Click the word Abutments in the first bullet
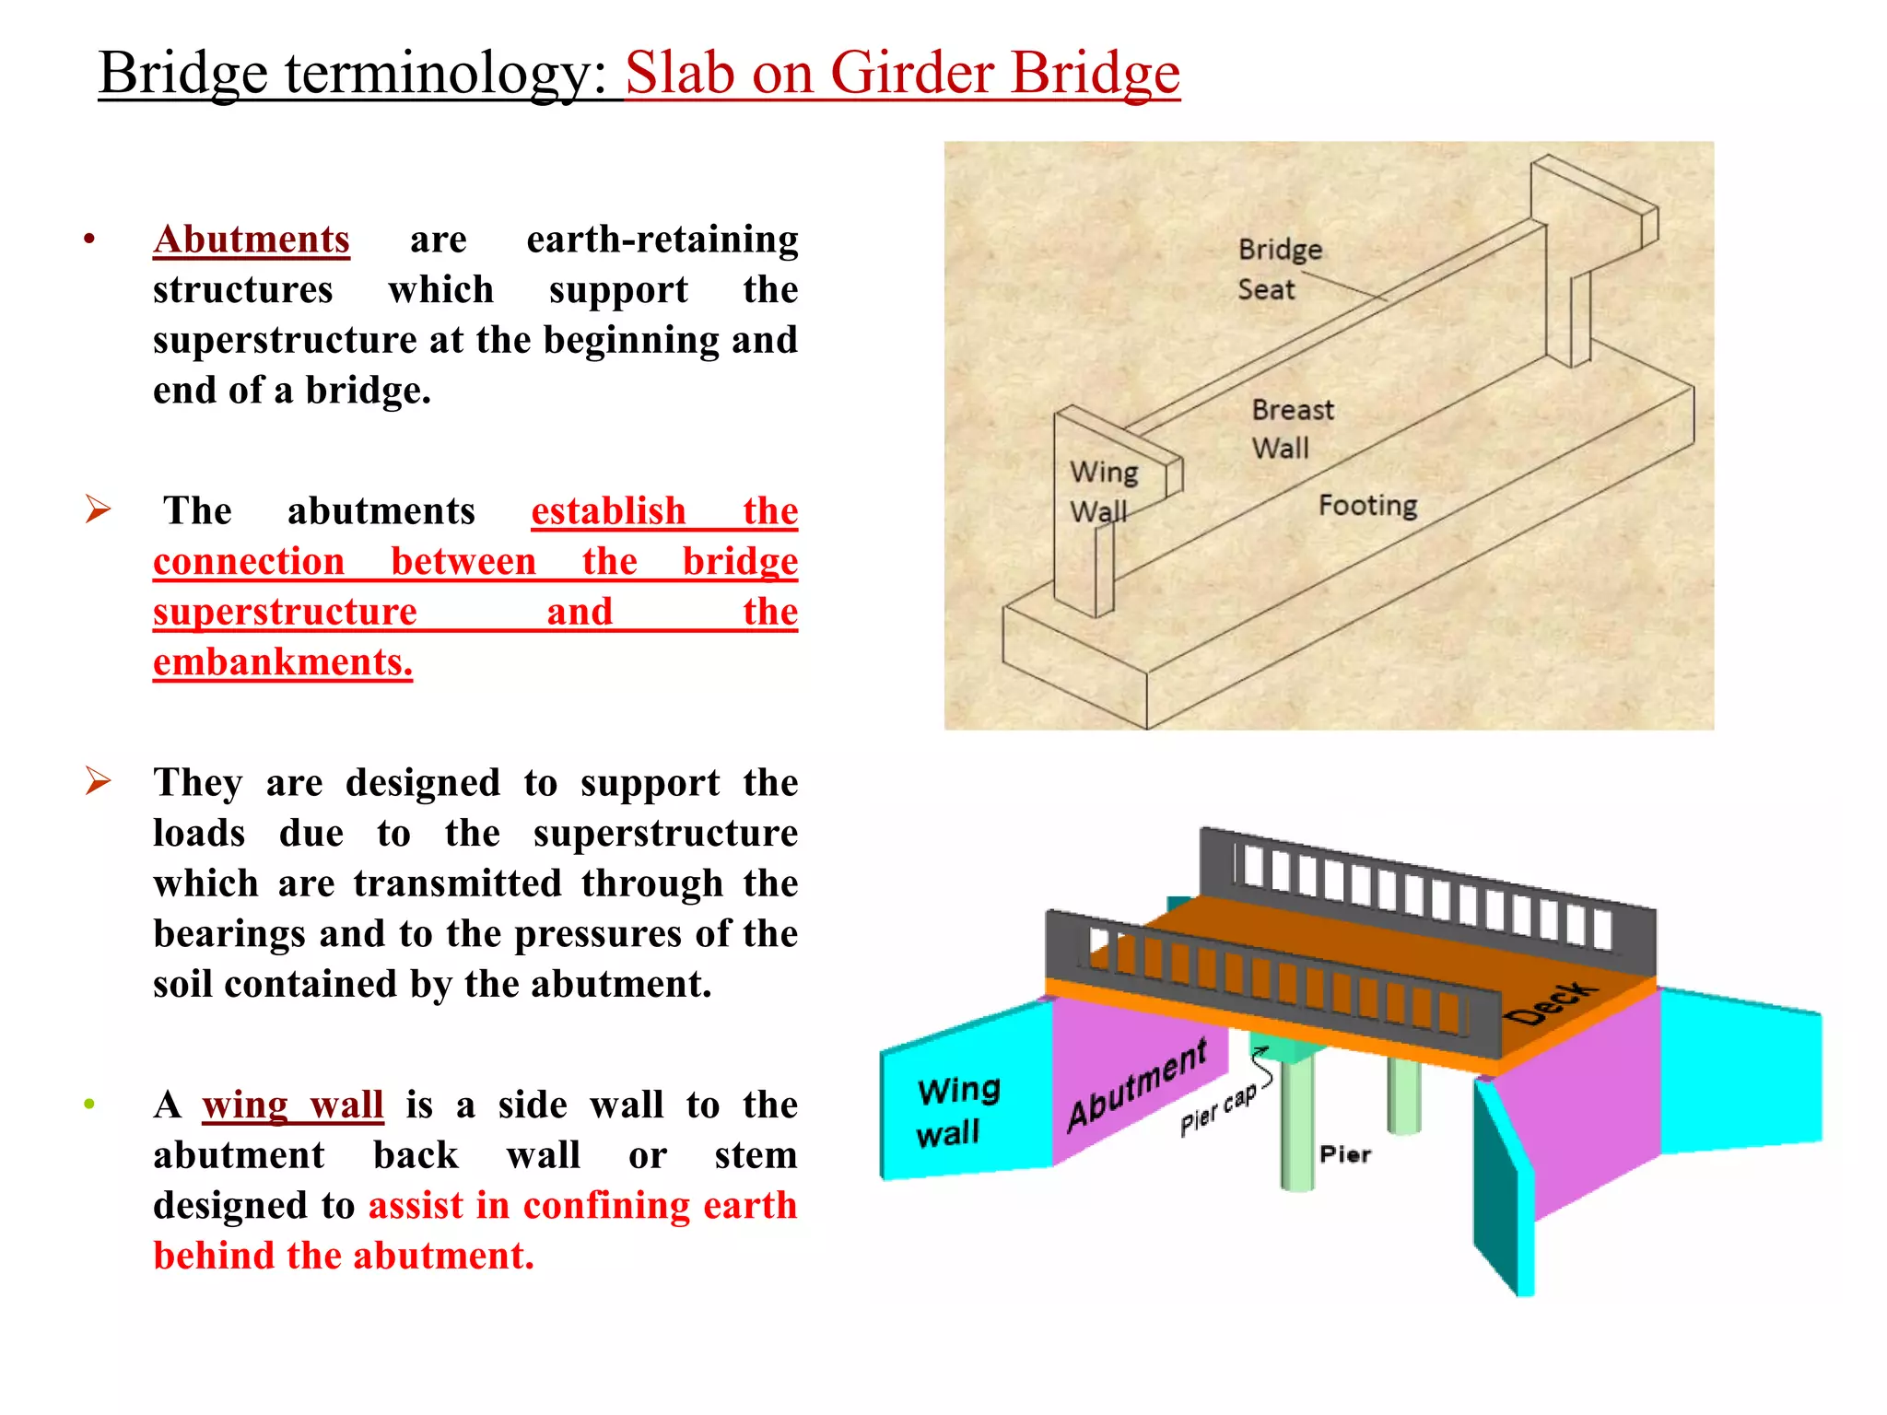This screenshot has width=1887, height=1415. (x=251, y=240)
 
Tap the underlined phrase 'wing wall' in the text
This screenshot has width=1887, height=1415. (x=292, y=1105)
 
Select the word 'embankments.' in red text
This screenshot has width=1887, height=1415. (x=283, y=662)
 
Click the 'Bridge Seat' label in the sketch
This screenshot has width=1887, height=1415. (x=1278, y=269)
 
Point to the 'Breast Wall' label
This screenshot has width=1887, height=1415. (x=1291, y=428)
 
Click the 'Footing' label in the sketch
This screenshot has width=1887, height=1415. (x=1367, y=505)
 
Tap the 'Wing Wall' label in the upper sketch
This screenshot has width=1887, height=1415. (x=1103, y=491)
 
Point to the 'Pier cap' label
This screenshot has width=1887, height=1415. (x=1217, y=1109)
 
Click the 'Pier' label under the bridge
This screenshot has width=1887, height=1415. (x=1344, y=1154)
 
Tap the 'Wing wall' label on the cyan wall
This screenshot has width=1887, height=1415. (x=957, y=1111)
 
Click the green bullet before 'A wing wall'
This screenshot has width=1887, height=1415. (x=89, y=1104)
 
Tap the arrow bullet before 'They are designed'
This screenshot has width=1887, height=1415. (x=98, y=780)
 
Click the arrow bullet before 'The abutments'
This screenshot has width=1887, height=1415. (x=98, y=509)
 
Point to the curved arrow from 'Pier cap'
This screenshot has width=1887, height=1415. (x=1263, y=1069)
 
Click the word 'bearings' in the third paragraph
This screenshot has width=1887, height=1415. (x=229, y=934)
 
